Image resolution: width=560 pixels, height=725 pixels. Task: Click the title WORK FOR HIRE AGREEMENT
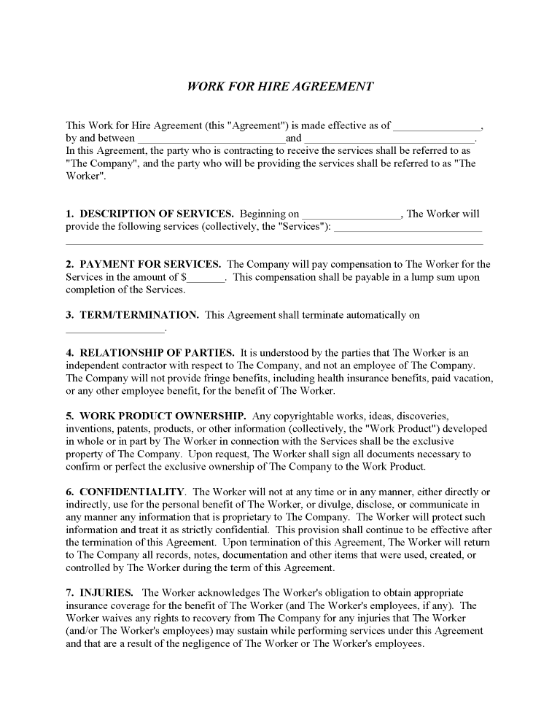pyautogui.click(x=280, y=86)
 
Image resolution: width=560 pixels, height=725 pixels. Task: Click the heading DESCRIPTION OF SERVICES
pyautogui.click(x=156, y=214)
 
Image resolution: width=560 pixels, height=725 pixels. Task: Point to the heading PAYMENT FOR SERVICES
pyautogui.click(x=150, y=264)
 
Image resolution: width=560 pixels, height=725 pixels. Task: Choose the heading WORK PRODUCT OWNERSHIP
pyautogui.click(x=157, y=416)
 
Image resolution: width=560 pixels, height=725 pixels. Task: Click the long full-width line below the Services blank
pyautogui.click(x=274, y=244)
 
